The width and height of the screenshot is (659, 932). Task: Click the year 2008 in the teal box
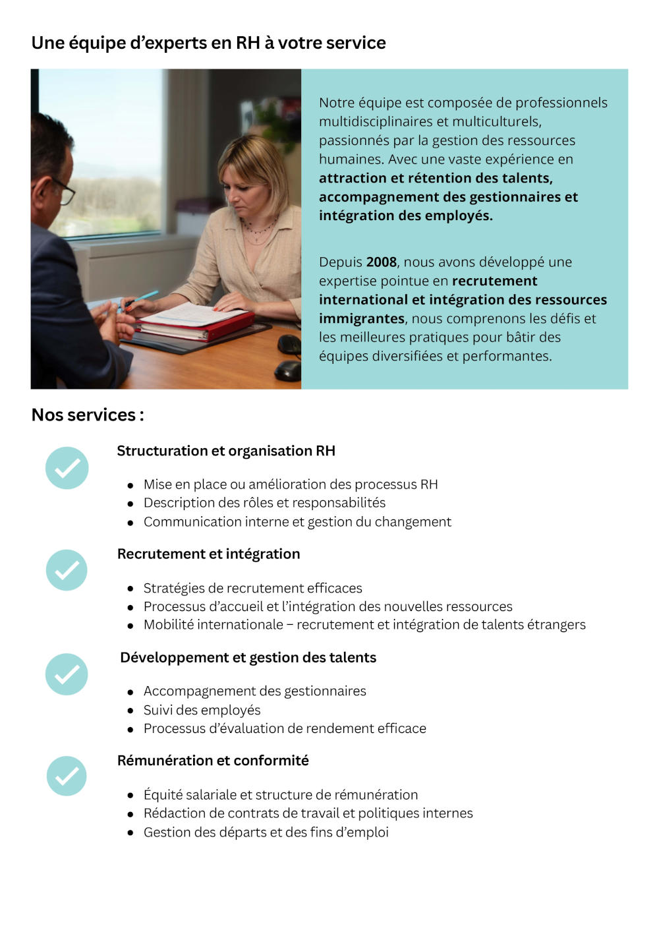(x=381, y=262)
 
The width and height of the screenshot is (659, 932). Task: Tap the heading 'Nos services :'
(x=88, y=415)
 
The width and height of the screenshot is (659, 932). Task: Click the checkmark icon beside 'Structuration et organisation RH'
(x=67, y=468)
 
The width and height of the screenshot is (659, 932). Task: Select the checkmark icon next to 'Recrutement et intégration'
(x=67, y=570)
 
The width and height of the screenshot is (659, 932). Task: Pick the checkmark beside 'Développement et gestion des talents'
(x=67, y=674)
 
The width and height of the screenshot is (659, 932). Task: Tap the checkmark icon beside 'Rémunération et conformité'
(x=67, y=776)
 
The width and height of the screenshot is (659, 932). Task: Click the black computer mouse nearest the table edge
(x=288, y=370)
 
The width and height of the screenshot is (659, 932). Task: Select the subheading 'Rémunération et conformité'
(x=213, y=761)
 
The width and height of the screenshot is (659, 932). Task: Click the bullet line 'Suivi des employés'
(x=202, y=710)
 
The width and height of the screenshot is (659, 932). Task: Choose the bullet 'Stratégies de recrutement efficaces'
(x=252, y=588)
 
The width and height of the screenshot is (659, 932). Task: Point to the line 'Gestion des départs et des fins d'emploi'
(x=266, y=832)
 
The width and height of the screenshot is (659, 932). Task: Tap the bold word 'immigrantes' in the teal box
(x=361, y=319)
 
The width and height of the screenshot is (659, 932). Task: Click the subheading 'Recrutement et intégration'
(x=208, y=554)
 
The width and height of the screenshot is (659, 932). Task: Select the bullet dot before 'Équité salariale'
(x=130, y=796)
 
